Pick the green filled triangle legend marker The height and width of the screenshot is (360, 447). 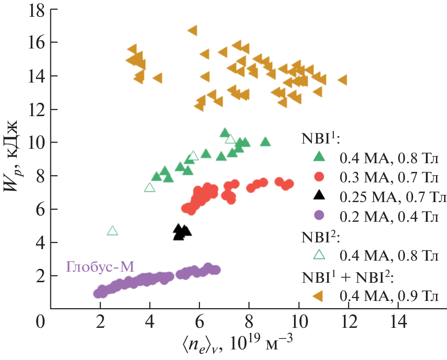[318, 156]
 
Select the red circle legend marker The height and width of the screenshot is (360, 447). [318, 177]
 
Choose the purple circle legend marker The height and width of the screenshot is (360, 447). [318, 216]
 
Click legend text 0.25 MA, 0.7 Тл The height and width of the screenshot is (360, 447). [393, 196]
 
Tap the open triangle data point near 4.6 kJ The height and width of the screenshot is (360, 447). [112, 231]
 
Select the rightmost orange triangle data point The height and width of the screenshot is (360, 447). [342, 80]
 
